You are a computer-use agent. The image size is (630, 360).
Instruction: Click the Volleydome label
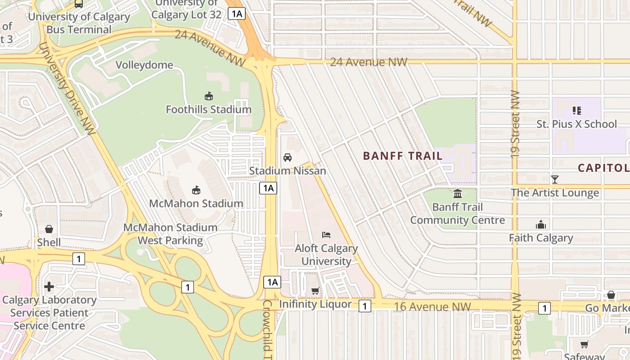coord(144,65)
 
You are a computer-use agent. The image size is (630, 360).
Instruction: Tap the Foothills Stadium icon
coord(208,96)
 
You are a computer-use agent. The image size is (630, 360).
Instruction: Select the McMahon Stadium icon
coord(196,190)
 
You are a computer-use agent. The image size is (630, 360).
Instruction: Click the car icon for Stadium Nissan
coord(287,157)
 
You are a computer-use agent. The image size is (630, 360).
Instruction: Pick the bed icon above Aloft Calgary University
coord(326,235)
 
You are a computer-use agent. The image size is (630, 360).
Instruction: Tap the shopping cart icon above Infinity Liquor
coord(315,291)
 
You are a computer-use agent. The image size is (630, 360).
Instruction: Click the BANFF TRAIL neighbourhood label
coord(403,156)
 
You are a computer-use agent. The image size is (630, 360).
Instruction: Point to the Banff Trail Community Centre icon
coord(458,194)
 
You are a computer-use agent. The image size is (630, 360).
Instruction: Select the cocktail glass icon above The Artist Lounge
coord(555,180)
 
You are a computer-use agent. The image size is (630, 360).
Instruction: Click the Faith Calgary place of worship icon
coord(541,225)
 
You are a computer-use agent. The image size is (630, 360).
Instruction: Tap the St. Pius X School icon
coord(576,110)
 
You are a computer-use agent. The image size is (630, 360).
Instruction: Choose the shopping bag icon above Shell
coord(49,229)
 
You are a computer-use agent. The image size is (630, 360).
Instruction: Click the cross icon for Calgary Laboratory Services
coord(49,287)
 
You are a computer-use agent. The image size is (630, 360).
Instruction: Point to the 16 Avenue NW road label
coord(432,307)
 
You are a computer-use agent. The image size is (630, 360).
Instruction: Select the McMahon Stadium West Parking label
coord(170,234)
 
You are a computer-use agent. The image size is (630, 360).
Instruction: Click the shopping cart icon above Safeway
coord(584,345)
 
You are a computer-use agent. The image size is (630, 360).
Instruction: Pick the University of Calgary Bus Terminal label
coord(79,23)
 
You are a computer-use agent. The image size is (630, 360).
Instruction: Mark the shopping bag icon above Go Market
coord(611,295)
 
